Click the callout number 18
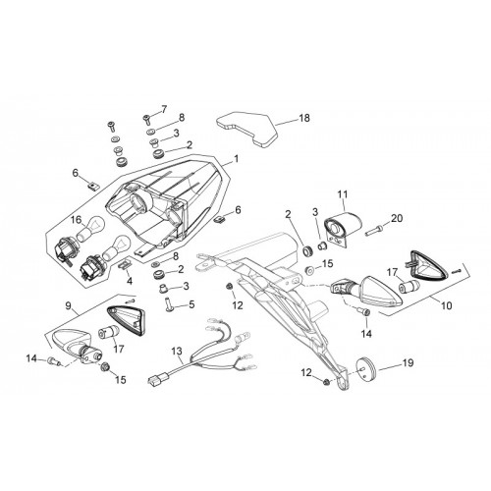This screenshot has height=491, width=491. pyautogui.click(x=304, y=118)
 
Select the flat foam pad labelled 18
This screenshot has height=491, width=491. pyautogui.click(x=247, y=129)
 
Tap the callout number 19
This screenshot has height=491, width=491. pyautogui.click(x=408, y=363)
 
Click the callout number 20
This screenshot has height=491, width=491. pyautogui.click(x=397, y=218)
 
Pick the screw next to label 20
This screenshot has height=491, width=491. pyautogui.click(x=373, y=231)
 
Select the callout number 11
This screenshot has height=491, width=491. pyautogui.click(x=343, y=194)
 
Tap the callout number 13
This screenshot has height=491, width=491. pyautogui.click(x=177, y=352)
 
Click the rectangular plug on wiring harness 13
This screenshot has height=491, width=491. pyautogui.click(x=154, y=381)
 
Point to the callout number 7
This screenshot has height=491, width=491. pyautogui.click(x=164, y=109)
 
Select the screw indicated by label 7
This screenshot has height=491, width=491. pyautogui.click(x=146, y=119)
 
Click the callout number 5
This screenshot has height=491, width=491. pyautogui.click(x=191, y=304)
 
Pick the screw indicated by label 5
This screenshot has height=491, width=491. pyautogui.click(x=170, y=303)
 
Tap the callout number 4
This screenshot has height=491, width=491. pyautogui.click(x=130, y=281)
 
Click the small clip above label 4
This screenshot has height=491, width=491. pyautogui.click(x=125, y=264)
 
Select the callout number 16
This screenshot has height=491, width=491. pyautogui.click(x=78, y=220)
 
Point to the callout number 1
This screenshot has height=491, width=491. pyautogui.click(x=236, y=159)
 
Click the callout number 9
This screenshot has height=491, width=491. pyautogui.click(x=68, y=305)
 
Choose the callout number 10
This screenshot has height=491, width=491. pyautogui.click(x=447, y=305)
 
